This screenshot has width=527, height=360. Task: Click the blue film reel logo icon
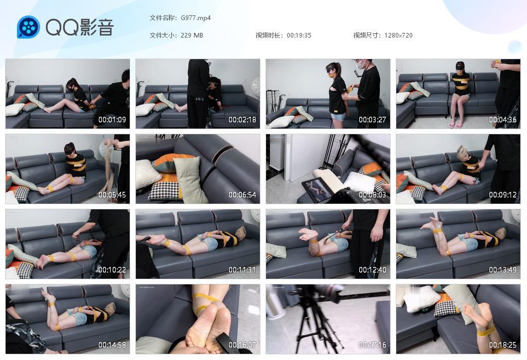click(28, 27)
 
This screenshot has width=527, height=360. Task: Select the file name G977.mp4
click(196, 18)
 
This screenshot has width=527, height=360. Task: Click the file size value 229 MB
click(192, 35)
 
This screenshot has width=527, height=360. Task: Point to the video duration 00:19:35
click(299, 35)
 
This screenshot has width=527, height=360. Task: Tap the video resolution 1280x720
click(398, 35)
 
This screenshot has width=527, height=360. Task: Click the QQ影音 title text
click(80, 27)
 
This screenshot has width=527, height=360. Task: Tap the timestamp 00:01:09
click(112, 120)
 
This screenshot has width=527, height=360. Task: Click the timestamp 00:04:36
click(502, 120)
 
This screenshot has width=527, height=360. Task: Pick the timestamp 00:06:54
click(242, 195)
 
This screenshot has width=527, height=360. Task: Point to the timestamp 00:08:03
click(373, 195)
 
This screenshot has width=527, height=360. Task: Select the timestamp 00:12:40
click(373, 270)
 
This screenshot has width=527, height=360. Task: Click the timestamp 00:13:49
click(502, 270)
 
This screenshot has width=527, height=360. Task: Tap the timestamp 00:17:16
click(373, 345)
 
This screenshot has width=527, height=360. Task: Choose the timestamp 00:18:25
click(502, 345)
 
